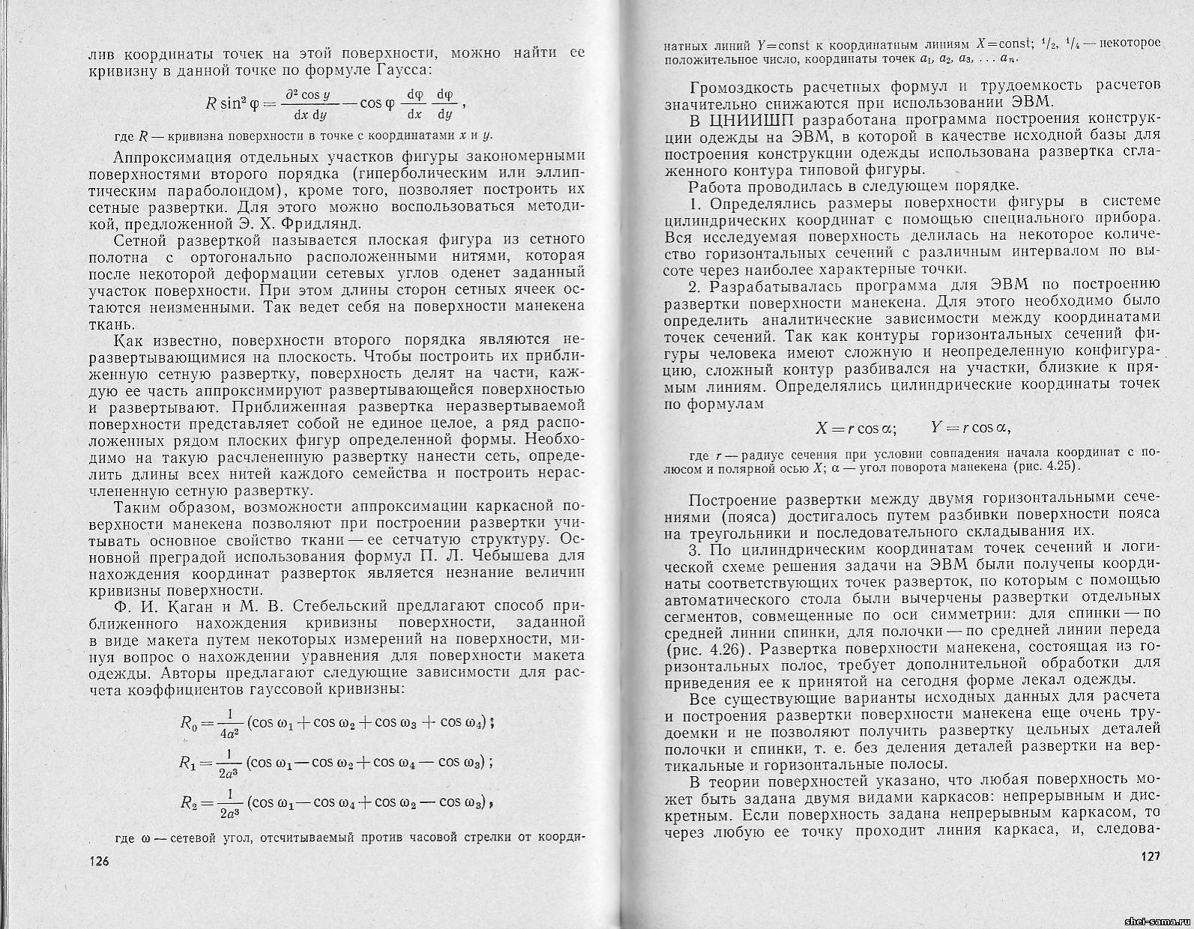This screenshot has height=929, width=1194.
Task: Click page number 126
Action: coord(97,862)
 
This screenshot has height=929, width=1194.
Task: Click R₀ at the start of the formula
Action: coord(188,723)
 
